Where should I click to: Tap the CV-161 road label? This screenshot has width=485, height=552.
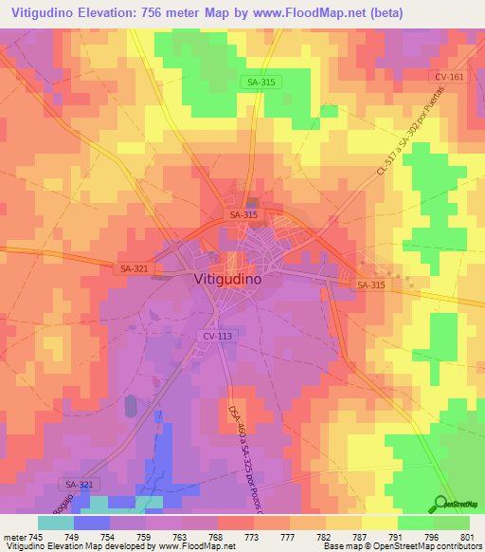tap(449, 77)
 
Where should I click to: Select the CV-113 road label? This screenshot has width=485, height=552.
tap(217, 336)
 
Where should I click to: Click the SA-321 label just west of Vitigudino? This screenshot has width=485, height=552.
tap(134, 269)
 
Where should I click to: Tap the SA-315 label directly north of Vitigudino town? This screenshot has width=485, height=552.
tap(243, 215)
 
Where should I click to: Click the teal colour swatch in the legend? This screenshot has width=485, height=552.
tap(55, 522)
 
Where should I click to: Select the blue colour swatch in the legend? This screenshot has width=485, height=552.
tap(91, 522)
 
